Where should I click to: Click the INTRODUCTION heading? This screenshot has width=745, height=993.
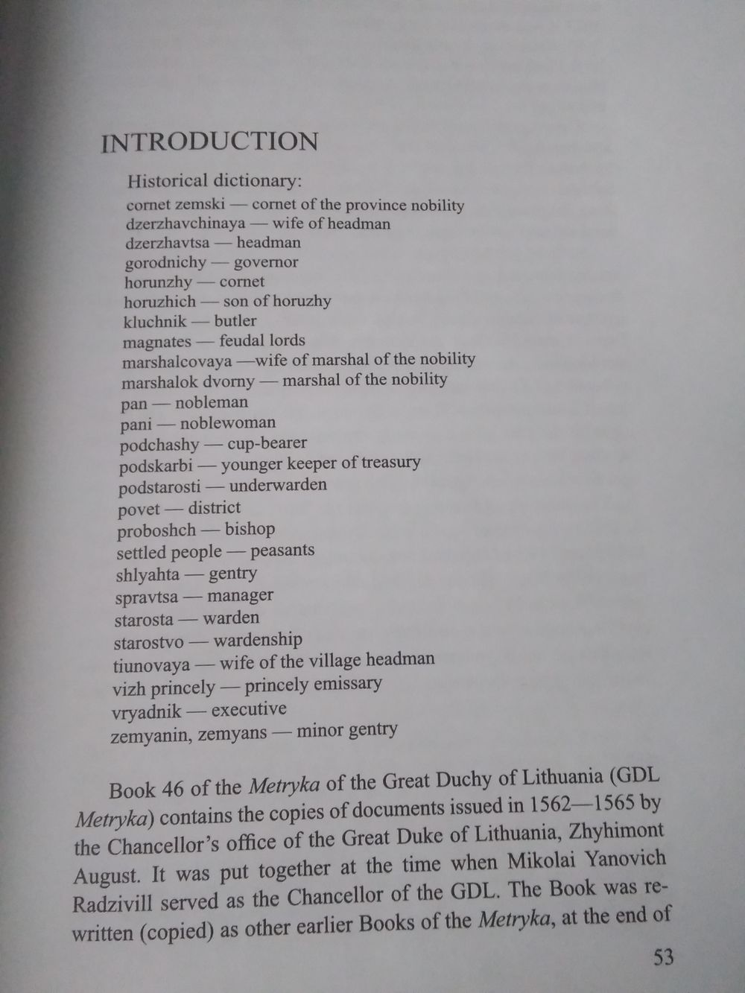click(209, 142)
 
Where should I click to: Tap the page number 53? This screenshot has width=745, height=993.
click(664, 956)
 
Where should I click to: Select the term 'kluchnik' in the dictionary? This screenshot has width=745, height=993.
click(155, 322)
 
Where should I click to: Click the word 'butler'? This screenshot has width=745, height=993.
click(235, 321)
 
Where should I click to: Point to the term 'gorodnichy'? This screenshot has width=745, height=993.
click(165, 263)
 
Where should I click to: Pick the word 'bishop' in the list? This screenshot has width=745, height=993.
click(250, 529)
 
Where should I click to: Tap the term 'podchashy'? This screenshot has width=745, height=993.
click(159, 445)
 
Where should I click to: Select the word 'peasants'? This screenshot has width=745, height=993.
click(282, 551)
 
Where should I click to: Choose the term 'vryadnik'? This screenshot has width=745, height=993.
click(147, 711)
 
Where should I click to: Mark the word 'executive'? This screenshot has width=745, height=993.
click(249, 709)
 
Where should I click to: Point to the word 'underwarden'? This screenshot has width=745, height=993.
click(278, 486)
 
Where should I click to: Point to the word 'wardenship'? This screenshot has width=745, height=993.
click(258, 640)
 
